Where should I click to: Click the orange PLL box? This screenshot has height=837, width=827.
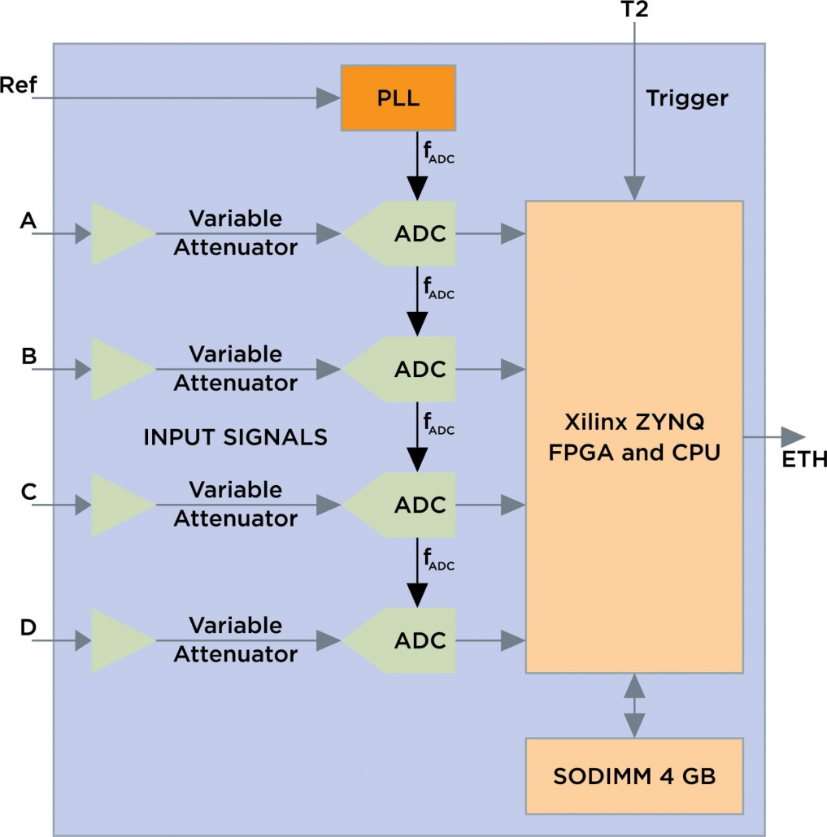coord(398,99)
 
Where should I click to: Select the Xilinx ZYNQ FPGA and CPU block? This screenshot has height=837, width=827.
coord(634,436)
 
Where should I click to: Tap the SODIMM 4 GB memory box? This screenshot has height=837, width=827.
coord(634,776)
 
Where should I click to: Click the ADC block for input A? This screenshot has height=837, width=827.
coord(407,234)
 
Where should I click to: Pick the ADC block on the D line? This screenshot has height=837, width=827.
coord(407,641)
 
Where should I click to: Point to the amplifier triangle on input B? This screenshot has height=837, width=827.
coord(120,370)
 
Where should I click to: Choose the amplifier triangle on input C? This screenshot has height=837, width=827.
coord(120,505)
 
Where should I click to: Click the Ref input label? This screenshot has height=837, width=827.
coord(18,85)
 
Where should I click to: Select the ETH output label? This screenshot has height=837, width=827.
coord(804,461)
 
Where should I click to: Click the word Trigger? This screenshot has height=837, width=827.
coord(687,99)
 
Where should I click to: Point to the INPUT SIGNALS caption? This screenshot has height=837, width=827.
coord(235,437)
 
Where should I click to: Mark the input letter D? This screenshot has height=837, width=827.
coord(28,627)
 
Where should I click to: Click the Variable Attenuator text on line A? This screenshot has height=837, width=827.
coord(236,233)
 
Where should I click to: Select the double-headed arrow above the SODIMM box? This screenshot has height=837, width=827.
coord(634,705)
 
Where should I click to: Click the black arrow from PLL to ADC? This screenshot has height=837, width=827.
coord(417,171)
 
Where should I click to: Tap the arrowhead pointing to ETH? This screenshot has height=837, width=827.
coord(792,437)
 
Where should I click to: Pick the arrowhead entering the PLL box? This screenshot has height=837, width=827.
coord(328,99)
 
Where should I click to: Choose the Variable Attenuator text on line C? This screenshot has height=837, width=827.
coord(236,505)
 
